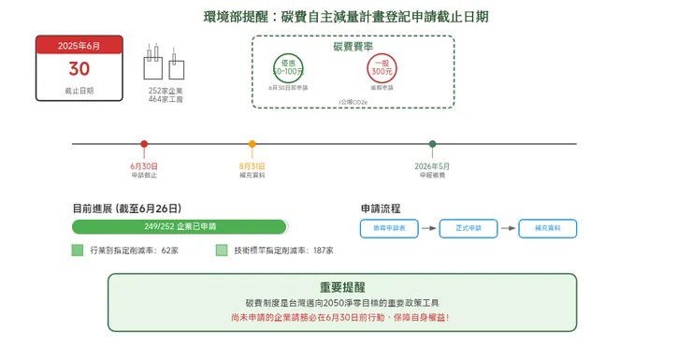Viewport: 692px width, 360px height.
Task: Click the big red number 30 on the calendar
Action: pyautogui.click(x=79, y=69)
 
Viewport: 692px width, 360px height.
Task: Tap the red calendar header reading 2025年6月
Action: pyautogui.click(x=79, y=45)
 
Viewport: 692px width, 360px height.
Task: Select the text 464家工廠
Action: pyautogui.click(x=166, y=99)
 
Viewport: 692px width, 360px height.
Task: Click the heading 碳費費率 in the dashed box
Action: pyautogui.click(x=353, y=46)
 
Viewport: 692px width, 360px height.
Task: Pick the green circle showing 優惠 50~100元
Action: pyautogui.click(x=288, y=67)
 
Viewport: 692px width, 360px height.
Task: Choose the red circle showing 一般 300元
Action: pyautogui.click(x=382, y=67)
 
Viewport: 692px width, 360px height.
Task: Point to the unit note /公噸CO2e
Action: pyautogui.click(x=353, y=101)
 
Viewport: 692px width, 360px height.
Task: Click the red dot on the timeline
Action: pyautogui.click(x=144, y=144)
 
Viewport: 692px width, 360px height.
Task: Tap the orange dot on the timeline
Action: pyautogui.click(x=252, y=144)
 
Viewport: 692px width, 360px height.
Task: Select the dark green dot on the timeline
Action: pyautogui.click(x=432, y=144)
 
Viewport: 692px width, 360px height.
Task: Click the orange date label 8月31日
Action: pyautogui.click(x=252, y=165)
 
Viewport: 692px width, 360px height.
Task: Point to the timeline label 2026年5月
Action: pyautogui.click(x=432, y=165)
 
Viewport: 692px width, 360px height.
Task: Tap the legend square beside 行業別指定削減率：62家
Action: pyautogui.click(x=78, y=251)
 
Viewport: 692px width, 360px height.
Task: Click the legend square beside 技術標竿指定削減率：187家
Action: pyautogui.click(x=222, y=251)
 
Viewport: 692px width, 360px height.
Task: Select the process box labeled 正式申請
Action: pyautogui.click(x=469, y=228)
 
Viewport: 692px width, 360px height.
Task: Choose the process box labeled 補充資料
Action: pyautogui.click(x=548, y=228)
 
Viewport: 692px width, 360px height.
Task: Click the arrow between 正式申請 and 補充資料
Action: pyautogui.click(x=508, y=228)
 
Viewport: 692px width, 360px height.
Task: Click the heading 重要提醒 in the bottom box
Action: pyautogui.click(x=342, y=287)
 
